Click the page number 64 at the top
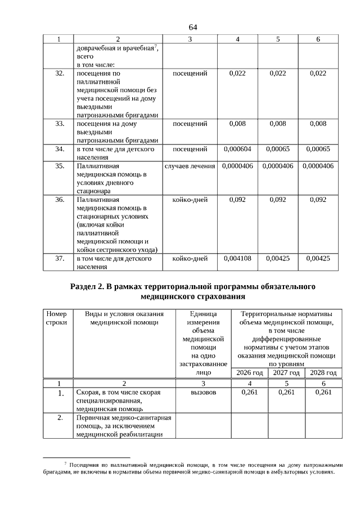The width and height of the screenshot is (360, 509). [x=193, y=27]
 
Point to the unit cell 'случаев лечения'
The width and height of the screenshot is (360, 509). [x=190, y=166]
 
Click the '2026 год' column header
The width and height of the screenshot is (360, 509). [x=249, y=373]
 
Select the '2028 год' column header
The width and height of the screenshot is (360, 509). [x=323, y=373]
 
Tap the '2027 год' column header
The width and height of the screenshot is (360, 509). [x=286, y=373]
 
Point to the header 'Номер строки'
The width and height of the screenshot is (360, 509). [x=56, y=318]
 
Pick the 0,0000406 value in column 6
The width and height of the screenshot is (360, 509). [x=318, y=166]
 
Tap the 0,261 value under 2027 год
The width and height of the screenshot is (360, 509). [x=286, y=392]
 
